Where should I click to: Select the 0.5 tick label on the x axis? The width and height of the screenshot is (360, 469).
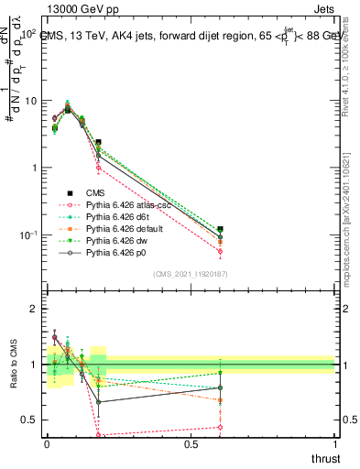(x=191, y=444)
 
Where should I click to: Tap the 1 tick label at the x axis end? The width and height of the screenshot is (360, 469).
(x=335, y=444)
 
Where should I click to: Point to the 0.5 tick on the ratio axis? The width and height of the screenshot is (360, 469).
(x=29, y=420)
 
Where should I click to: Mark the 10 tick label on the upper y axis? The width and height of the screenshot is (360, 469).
(x=28, y=101)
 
